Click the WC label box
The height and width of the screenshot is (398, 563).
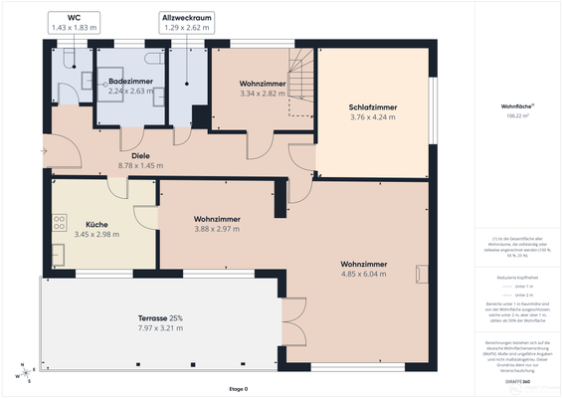tap(75, 23)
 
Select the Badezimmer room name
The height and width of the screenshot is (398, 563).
tap(129, 80)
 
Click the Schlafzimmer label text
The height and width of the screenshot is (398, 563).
tap(372, 107)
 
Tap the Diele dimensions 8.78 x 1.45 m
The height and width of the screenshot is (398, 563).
tap(140, 165)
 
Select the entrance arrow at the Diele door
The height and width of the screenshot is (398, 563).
tap(42, 151)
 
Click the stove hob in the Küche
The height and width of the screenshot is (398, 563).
tap(60, 222)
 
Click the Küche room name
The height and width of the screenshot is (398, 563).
tap(96, 225)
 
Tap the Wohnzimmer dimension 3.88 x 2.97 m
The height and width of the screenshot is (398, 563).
tap(216, 228)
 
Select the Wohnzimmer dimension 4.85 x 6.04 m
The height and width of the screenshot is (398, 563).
tap(363, 273)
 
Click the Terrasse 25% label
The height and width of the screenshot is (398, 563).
tap(160, 317)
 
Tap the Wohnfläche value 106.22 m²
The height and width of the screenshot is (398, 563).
tap(517, 116)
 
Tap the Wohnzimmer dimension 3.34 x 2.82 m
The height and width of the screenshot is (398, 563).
tap(263, 94)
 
